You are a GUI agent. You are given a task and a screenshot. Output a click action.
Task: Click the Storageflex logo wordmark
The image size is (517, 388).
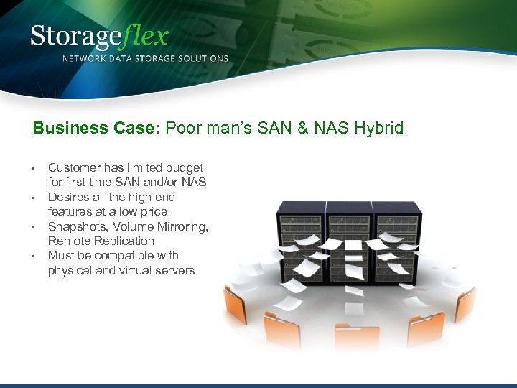point(99,36)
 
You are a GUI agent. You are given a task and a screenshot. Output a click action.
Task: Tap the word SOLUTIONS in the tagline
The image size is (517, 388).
point(203,59)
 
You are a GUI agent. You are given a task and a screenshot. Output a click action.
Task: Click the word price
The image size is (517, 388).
point(153,211)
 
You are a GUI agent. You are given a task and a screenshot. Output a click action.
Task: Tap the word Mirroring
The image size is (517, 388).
point(184,226)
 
